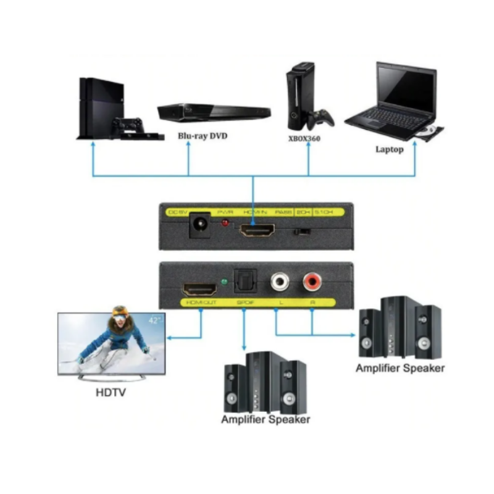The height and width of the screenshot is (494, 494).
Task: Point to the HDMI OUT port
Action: [199, 288]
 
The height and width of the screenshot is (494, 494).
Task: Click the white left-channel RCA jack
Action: [278, 283]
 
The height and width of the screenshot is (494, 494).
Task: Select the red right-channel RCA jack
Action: [312, 283]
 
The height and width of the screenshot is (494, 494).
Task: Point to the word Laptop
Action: [389, 149]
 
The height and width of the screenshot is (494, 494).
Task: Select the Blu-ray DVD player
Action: [214, 112]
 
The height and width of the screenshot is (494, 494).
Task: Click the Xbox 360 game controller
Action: [321, 117]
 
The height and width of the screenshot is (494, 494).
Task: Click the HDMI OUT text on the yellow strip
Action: [199, 303]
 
